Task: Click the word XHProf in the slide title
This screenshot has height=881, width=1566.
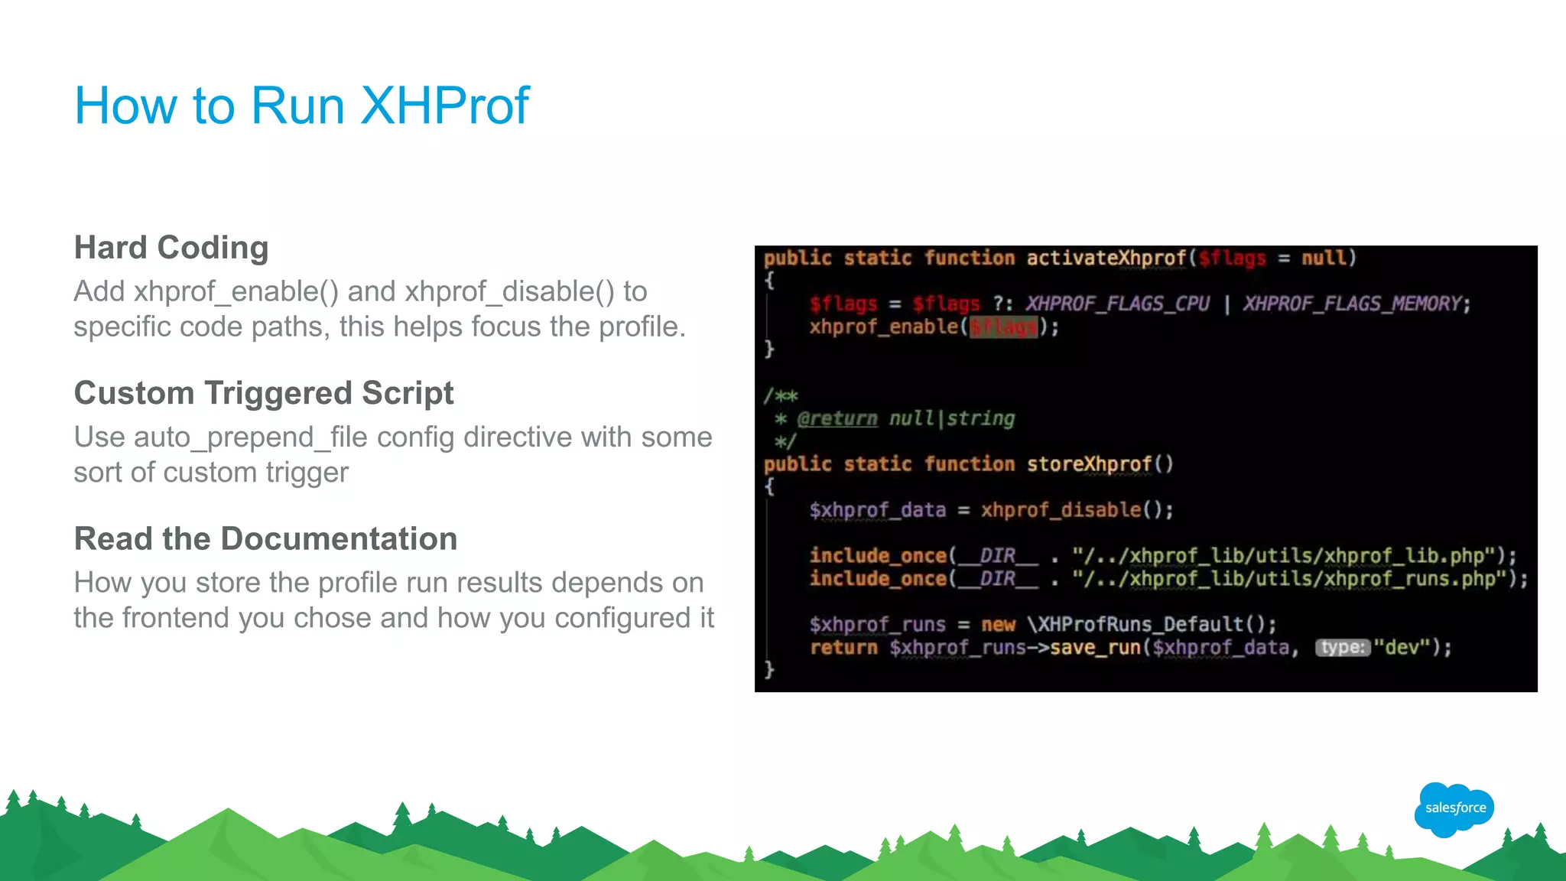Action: (444, 106)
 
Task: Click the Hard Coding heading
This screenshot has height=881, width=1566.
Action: (171, 248)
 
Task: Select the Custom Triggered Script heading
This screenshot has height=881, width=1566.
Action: (264, 393)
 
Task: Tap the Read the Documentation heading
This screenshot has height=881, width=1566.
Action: (265, 538)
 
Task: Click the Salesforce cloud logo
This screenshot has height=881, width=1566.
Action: (1455, 808)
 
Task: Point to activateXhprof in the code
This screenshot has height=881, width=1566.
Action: (1106, 258)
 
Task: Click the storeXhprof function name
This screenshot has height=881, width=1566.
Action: (1089, 464)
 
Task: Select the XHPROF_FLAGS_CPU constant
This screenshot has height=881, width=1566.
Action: (1117, 304)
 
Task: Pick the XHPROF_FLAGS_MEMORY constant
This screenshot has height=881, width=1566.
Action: (1352, 304)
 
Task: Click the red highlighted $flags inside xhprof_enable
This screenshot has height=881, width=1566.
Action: (1003, 327)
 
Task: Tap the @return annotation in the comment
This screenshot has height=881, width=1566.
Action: (837, 418)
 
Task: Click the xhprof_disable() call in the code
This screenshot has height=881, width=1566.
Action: (1076, 510)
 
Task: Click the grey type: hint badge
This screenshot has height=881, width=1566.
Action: (1343, 648)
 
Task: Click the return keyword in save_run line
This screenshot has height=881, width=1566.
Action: (843, 648)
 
